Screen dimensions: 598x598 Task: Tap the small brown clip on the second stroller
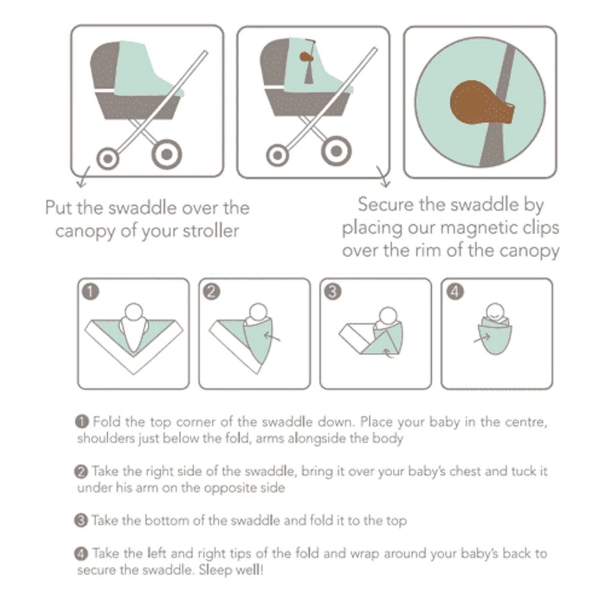tap(305, 57)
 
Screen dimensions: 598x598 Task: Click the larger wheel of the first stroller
tap(166, 154)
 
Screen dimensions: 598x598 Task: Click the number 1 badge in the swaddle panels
tap(90, 292)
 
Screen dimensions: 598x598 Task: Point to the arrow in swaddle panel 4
tap(481, 339)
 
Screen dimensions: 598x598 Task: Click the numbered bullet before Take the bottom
tap(82, 520)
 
